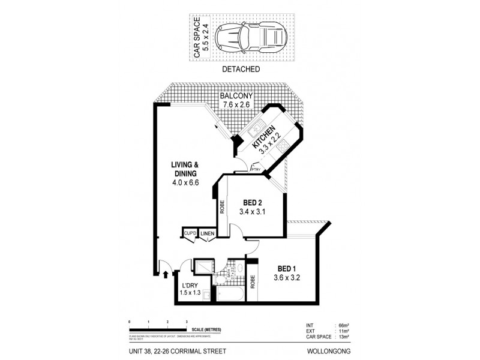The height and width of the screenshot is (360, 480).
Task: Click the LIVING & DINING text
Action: tap(184, 169)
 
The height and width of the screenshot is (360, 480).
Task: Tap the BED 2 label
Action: tap(251, 203)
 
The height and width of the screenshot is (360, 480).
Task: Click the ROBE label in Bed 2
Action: tap(221, 207)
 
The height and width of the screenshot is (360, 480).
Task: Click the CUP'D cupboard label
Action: tap(190, 233)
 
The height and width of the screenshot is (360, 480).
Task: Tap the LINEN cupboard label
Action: tap(207, 233)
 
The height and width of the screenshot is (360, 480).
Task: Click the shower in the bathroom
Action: tap(203, 267)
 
